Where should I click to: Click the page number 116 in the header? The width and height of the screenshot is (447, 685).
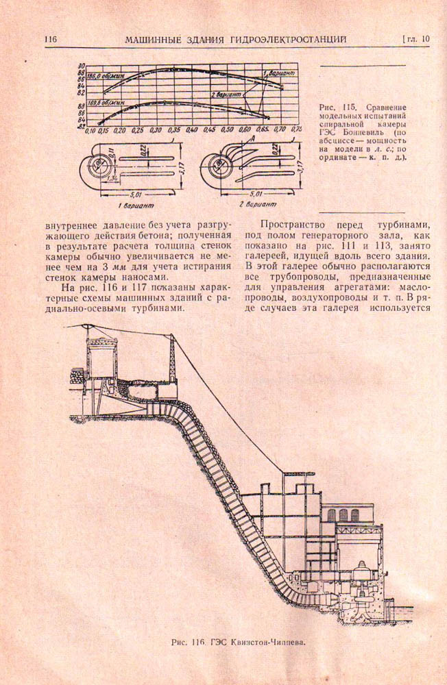pyautogui.click(x=49, y=40)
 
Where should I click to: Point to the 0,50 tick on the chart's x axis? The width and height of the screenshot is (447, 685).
pyautogui.click(x=227, y=129)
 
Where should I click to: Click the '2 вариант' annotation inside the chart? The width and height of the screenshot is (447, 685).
pyautogui.click(x=227, y=94)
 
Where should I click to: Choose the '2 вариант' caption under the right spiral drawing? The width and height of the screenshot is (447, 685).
pyautogui.click(x=260, y=205)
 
